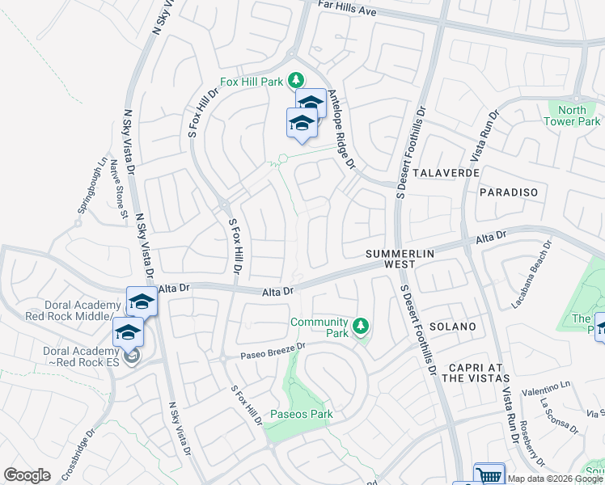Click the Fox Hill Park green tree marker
[x=297, y=79]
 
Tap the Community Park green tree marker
[x=362, y=327]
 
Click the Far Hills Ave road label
[x=349, y=8]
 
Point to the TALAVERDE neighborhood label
[x=446, y=173]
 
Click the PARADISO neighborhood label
[x=509, y=192]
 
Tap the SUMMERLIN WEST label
[x=400, y=259]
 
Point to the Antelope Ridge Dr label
[x=341, y=129]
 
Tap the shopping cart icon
[x=489, y=475]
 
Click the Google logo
[x=27, y=474]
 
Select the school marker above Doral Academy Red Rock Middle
[x=142, y=302]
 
